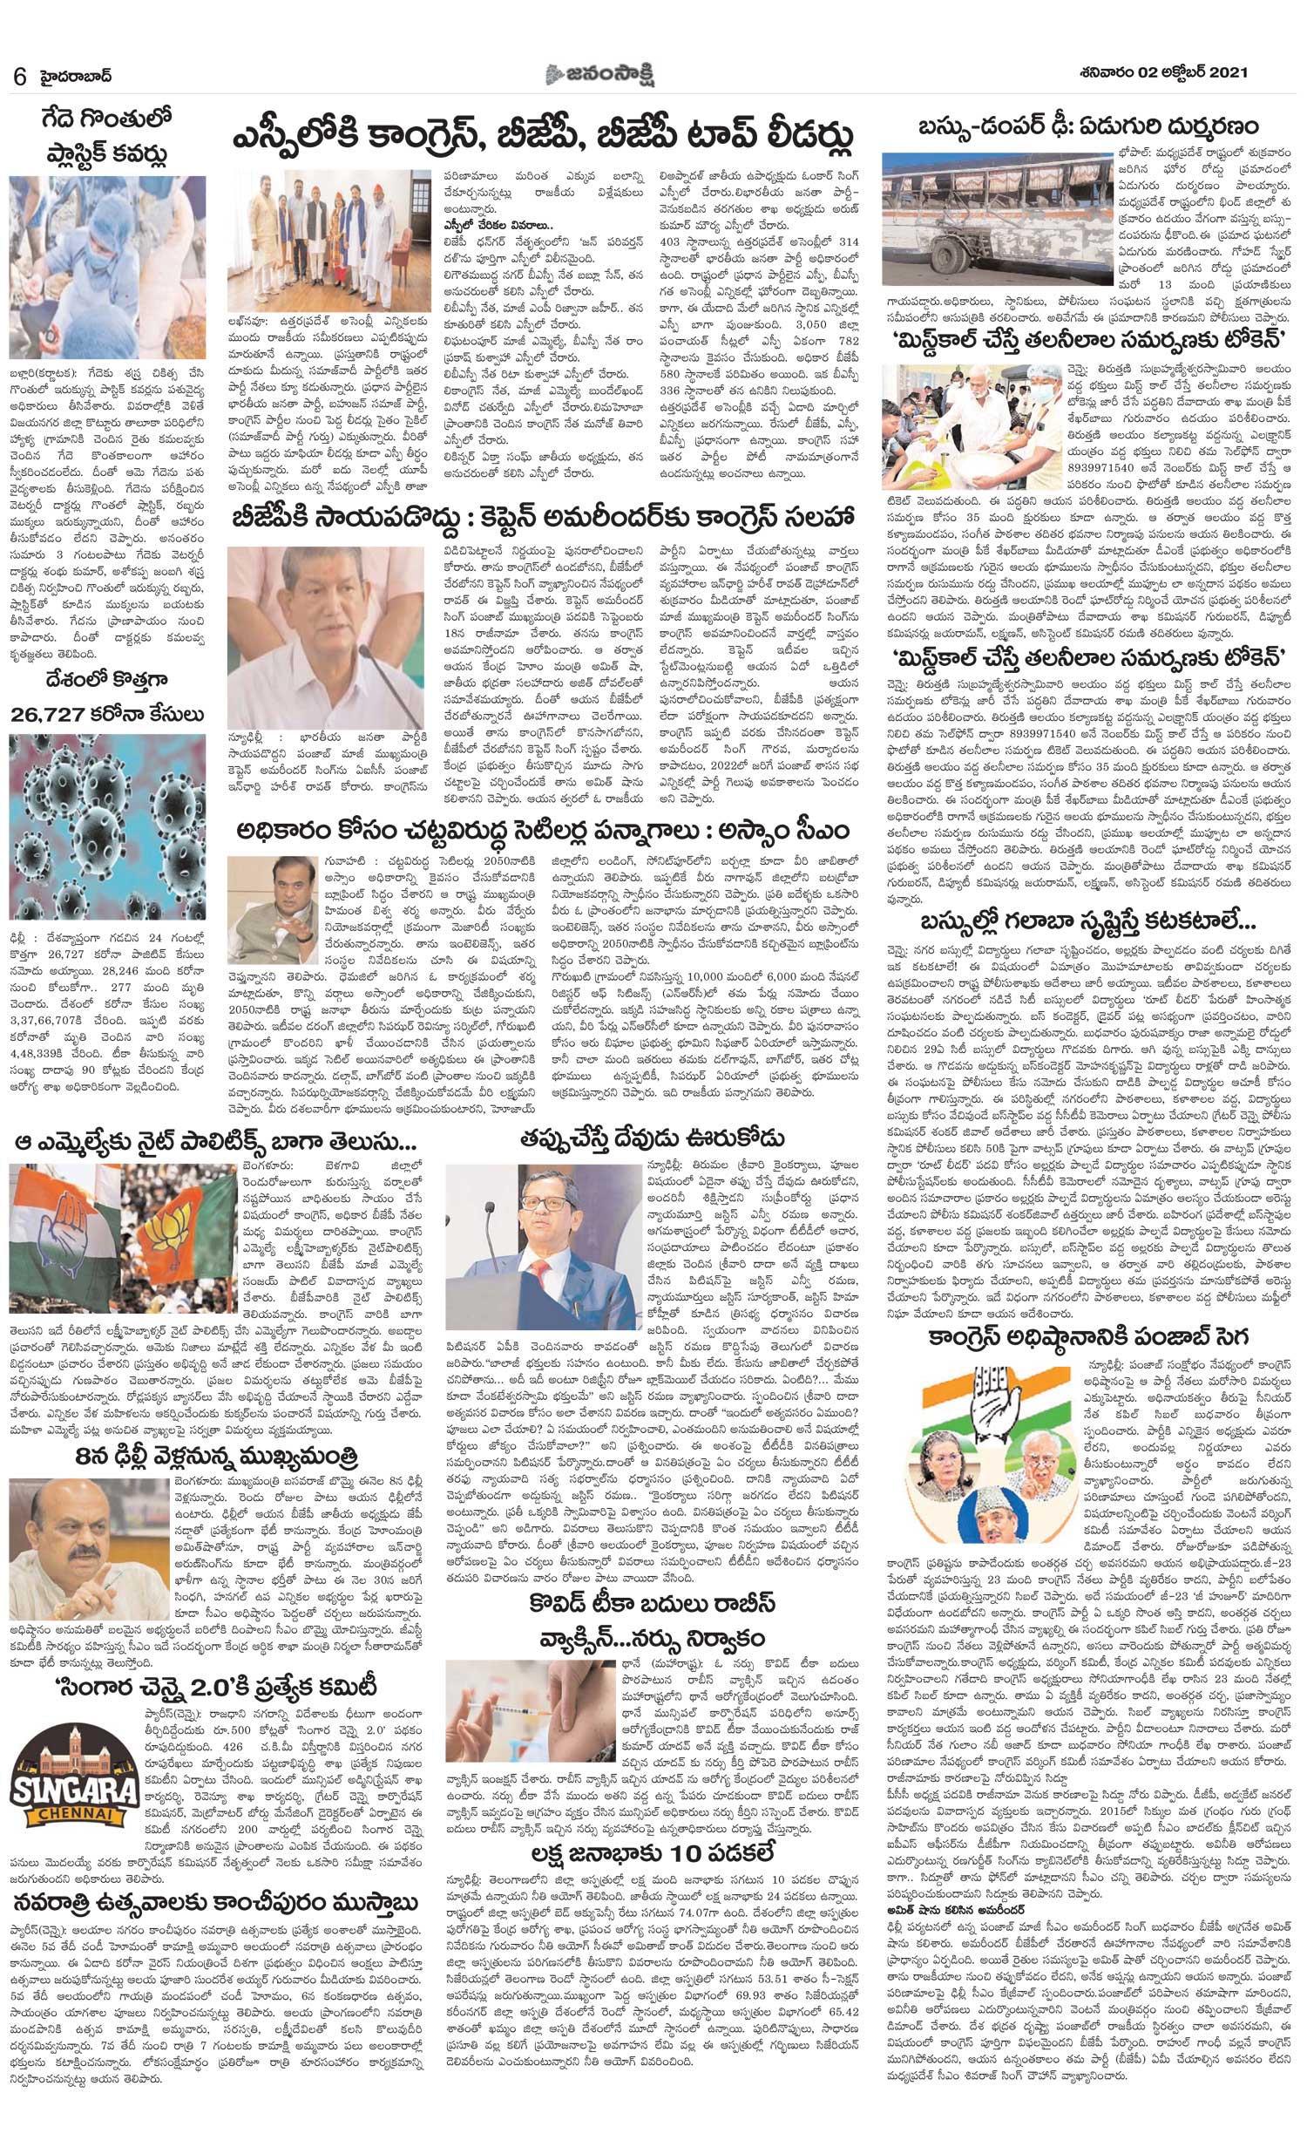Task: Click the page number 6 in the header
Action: (x=19, y=76)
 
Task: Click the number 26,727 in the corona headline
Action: (x=52, y=714)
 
